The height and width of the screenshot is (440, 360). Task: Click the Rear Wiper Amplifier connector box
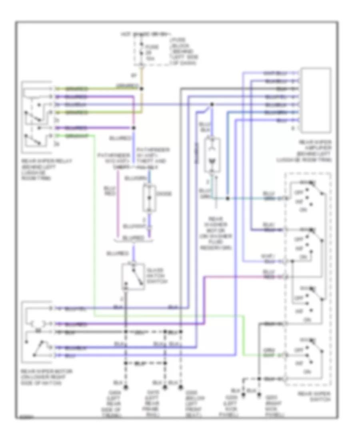316,100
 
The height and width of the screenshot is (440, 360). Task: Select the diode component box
149,198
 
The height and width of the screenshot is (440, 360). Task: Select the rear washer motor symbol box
212,156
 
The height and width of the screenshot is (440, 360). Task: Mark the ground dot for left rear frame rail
164,387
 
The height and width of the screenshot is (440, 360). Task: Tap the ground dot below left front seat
181,387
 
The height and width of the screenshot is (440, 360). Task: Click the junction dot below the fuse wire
142,89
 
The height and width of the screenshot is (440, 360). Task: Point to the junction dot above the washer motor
212,105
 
